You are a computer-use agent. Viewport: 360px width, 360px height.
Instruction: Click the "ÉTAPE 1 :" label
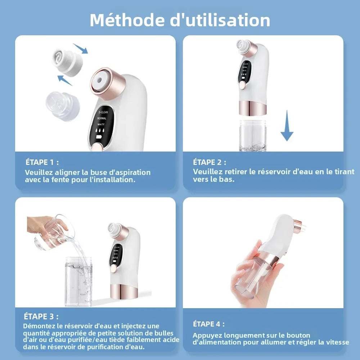[x=42, y=162]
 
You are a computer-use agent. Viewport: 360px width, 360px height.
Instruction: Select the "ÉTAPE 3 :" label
[x=41, y=316]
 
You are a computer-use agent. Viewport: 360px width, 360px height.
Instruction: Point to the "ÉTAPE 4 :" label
[x=209, y=324]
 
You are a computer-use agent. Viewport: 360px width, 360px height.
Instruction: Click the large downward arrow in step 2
[x=287, y=126]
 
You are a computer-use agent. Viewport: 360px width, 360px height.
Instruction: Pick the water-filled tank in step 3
[x=78, y=281]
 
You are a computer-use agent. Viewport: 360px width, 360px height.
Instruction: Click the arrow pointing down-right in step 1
[x=80, y=48]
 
